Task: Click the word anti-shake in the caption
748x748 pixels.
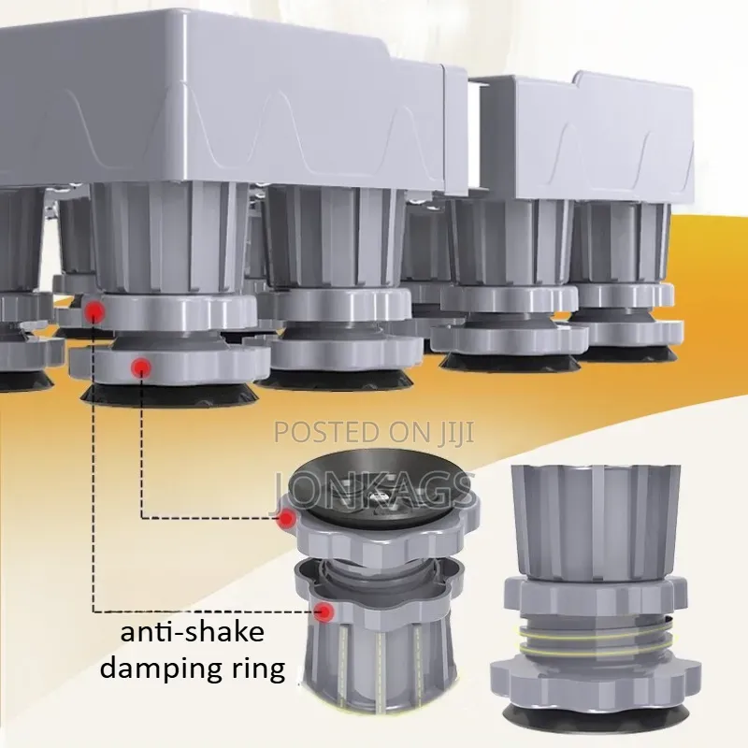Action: (x=193, y=633)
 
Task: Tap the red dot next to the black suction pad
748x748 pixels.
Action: (x=287, y=518)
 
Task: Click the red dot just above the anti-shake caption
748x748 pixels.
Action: (x=324, y=611)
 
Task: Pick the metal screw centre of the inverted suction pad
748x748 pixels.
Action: (x=377, y=498)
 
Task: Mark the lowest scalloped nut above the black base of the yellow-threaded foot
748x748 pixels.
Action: (x=597, y=682)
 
